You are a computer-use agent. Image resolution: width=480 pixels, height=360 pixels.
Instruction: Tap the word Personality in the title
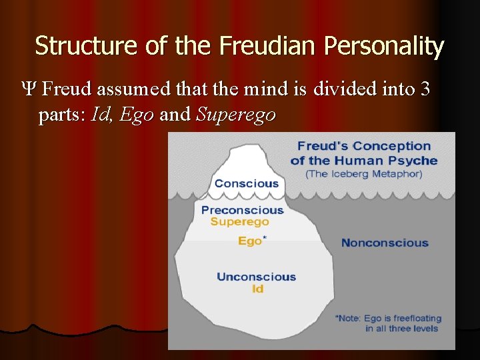pyautogui.click(x=384, y=47)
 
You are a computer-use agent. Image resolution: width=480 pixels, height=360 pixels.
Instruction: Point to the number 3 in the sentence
pyautogui.click(x=425, y=89)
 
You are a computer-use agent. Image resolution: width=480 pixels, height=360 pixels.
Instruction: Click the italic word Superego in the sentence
pyautogui.click(x=235, y=115)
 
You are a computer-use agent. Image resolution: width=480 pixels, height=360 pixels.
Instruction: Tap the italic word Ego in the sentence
pyautogui.click(x=137, y=115)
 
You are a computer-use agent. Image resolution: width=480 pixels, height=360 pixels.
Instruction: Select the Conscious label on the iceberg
pyautogui.click(x=246, y=183)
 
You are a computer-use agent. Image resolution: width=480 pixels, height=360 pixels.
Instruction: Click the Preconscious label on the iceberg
pyautogui.click(x=242, y=210)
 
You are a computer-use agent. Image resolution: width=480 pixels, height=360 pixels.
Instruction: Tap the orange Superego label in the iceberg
pyautogui.click(x=239, y=222)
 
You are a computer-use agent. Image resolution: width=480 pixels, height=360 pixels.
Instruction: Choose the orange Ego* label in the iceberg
pyautogui.click(x=251, y=241)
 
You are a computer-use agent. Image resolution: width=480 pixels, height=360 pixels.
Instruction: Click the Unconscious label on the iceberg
pyautogui.click(x=256, y=277)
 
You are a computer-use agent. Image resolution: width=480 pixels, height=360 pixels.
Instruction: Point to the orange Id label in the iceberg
pyautogui.click(x=257, y=289)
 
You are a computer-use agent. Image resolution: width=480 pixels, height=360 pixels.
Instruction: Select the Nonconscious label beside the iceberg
pyautogui.click(x=385, y=243)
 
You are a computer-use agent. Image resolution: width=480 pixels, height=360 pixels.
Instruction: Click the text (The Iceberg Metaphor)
pyautogui.click(x=364, y=173)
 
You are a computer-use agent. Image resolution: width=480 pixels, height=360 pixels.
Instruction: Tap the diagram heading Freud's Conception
pyautogui.click(x=364, y=146)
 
